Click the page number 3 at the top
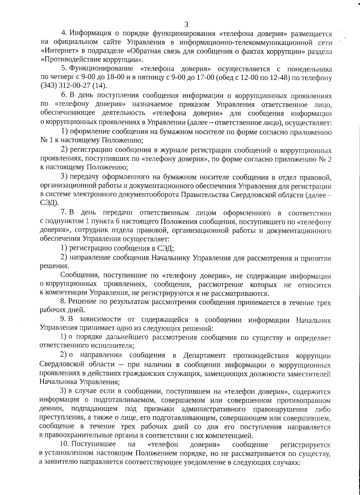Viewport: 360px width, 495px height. point(186,24)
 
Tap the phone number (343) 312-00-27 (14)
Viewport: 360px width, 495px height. point(74,86)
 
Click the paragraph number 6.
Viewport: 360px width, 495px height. point(63,95)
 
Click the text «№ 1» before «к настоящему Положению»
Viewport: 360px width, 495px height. point(45,140)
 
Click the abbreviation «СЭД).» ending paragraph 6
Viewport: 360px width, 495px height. point(49,203)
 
